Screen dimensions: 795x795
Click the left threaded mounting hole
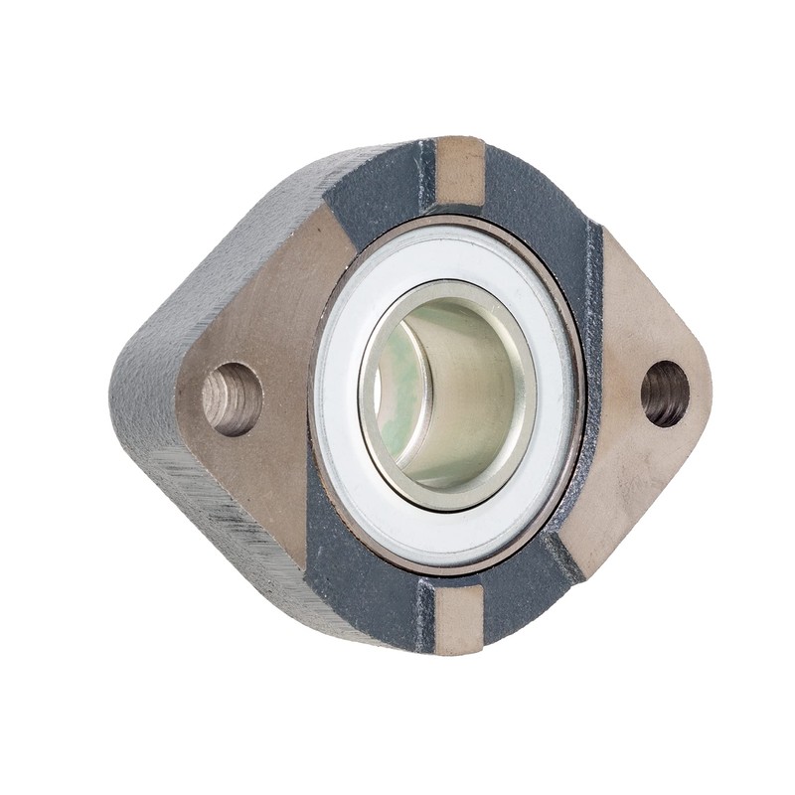232,398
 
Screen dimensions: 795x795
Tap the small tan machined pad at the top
460,171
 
